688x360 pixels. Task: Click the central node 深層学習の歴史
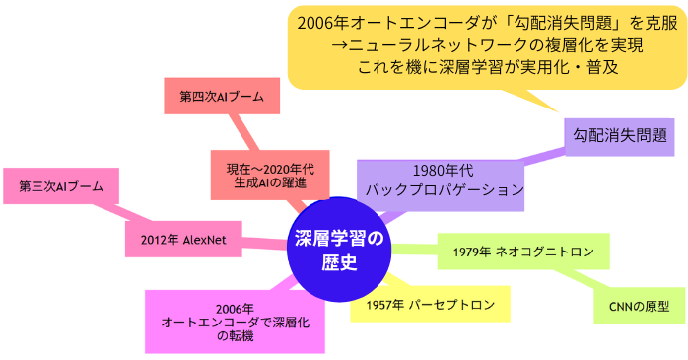pyautogui.click(x=338, y=251)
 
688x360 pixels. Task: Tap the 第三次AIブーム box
pyautogui.click(x=61, y=186)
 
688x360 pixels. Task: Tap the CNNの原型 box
pyautogui.click(x=639, y=306)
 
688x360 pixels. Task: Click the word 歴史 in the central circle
pyautogui.click(x=338, y=263)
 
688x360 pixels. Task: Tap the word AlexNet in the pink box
pyautogui.click(x=212, y=239)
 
